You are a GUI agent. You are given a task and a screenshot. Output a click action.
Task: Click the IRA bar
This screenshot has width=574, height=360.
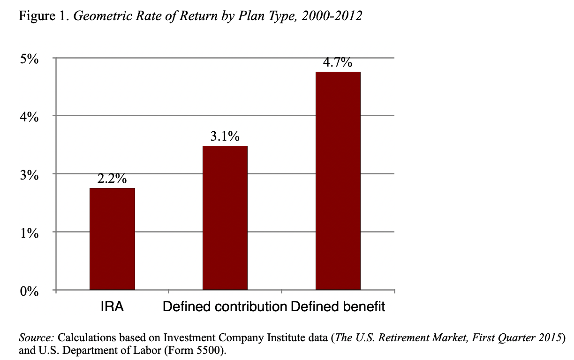pos(112,239)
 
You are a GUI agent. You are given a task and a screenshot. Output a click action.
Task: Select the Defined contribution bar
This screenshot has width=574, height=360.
pos(225,218)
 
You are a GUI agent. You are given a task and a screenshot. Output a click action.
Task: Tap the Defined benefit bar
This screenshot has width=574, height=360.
pos(338,181)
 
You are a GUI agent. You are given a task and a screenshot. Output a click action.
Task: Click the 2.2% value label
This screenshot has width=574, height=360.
pos(112,179)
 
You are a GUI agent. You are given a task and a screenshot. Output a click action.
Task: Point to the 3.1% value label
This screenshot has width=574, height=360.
pos(225,137)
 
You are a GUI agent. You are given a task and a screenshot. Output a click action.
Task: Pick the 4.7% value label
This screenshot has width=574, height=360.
pos(338,63)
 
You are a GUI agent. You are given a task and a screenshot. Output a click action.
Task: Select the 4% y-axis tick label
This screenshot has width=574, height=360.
pos(30,116)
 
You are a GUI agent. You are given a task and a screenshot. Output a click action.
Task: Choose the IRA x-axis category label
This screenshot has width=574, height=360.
pos(112,307)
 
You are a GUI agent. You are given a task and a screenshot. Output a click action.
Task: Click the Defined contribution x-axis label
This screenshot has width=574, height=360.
pos(225,307)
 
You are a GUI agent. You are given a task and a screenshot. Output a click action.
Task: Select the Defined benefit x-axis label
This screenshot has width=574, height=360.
pos(338,307)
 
